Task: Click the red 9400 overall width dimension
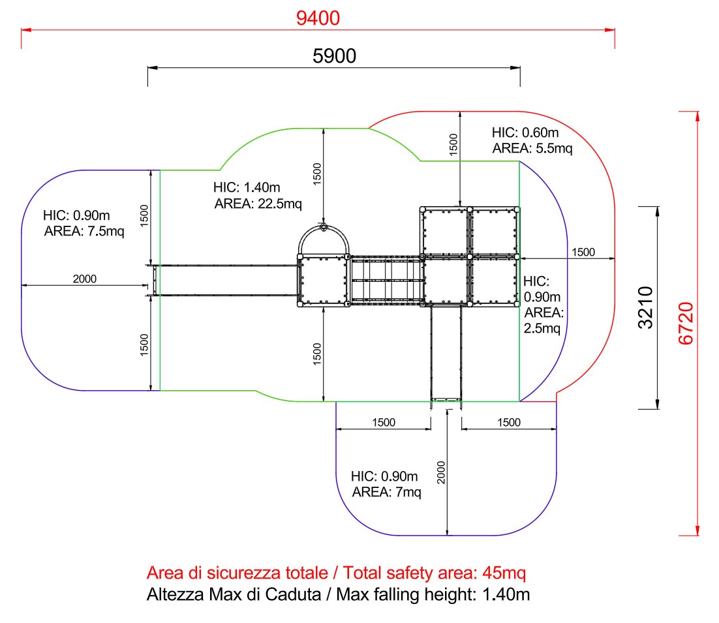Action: click(318, 18)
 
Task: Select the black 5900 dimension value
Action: click(334, 56)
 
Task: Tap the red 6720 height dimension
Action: click(686, 323)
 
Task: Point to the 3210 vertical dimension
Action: click(646, 307)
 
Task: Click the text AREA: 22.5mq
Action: click(258, 204)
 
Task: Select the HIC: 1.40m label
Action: click(247, 187)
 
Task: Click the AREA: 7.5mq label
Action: click(84, 231)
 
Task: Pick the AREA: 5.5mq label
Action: click(532, 149)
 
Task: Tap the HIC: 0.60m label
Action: click(525, 132)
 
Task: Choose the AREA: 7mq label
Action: click(386, 492)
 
